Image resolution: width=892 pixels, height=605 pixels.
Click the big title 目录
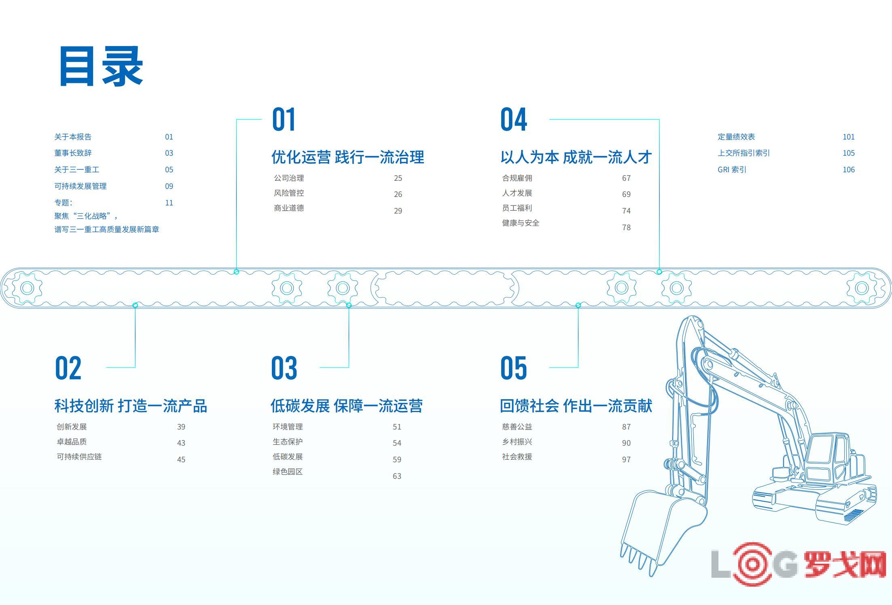pos(101,66)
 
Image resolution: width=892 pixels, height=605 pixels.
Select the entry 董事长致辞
pos(73,153)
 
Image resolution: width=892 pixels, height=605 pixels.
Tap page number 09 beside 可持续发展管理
pos(169,186)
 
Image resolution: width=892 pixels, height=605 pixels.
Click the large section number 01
pos(284,119)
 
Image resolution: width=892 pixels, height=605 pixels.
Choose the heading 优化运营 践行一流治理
pos(348,157)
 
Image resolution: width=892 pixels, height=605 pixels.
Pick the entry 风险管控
pos(289,193)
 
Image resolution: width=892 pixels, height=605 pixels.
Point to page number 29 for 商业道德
pos(398,211)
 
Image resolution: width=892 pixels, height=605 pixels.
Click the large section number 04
pos(514,119)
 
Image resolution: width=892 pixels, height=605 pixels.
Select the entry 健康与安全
pos(521,223)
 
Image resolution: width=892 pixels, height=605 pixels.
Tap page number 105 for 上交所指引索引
pos(849,153)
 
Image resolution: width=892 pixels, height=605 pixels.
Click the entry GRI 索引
pos(732,169)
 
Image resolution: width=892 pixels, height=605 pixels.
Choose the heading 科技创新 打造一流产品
pos(131,406)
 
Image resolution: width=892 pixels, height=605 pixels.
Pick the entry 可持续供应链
pos(79,457)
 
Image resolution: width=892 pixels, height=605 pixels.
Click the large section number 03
pos(284,368)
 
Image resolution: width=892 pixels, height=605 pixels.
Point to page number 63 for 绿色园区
pos(397,476)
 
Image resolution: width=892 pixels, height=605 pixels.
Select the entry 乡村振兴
pos(517,442)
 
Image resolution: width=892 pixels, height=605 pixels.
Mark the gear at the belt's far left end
pos(27,288)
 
